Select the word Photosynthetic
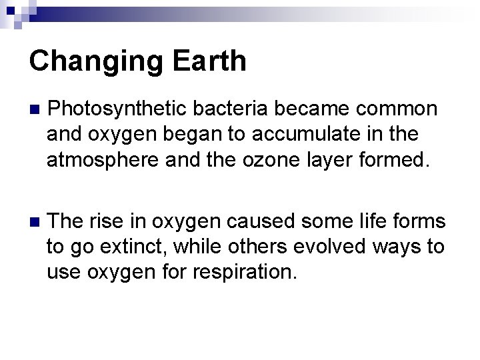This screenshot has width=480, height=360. [x=119, y=109]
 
